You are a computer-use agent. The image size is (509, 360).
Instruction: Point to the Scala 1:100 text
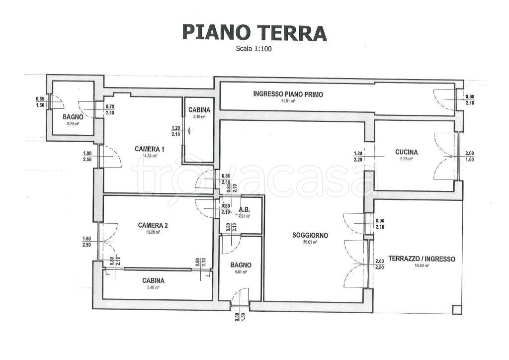[x=254, y=49]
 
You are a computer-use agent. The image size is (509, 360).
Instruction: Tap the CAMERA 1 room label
[x=150, y=149]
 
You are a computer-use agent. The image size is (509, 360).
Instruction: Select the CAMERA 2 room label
[x=153, y=225]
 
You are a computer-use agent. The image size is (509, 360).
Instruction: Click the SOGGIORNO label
[x=310, y=236]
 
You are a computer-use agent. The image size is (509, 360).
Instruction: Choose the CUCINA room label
[x=406, y=152]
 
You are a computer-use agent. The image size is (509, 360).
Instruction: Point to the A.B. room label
[x=244, y=209]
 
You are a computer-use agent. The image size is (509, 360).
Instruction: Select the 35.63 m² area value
[x=310, y=243]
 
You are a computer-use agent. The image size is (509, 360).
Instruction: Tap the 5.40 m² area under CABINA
[x=153, y=287]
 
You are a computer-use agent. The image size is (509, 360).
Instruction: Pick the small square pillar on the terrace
[x=456, y=310]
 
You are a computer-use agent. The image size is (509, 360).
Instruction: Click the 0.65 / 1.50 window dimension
[x=40, y=102]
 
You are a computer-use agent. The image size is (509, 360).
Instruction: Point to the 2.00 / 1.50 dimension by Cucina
[x=470, y=156]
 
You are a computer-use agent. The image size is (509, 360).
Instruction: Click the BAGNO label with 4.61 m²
[x=241, y=265]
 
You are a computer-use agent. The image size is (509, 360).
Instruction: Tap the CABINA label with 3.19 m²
[x=199, y=109]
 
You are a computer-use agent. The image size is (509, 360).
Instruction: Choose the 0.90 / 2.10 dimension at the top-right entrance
[x=470, y=100]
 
